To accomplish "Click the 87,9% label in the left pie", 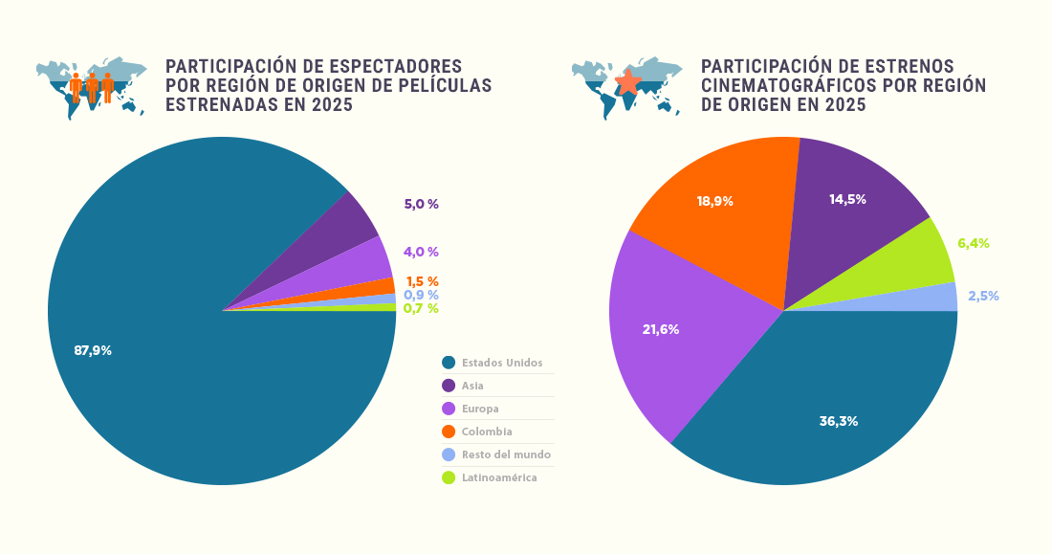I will coord(93,350).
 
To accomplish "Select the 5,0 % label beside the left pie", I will coord(421,204).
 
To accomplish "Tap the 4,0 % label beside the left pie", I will coord(421,252).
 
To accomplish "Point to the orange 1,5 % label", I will coord(422,281).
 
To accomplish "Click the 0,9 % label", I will coord(421,295).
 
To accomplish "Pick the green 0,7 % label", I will coord(421,308).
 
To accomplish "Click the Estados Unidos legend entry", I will coord(501,363).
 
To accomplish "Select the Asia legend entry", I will coord(472,386).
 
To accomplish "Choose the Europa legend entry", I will coord(480,409).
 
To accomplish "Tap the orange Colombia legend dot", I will coord(448,432).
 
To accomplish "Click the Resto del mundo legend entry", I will coord(506,454).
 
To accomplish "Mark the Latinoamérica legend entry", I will coord(498,477).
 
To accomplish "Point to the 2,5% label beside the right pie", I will coord(983,296).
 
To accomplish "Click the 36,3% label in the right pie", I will coord(838,421).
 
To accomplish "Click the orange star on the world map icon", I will coord(627,82).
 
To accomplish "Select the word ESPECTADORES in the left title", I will coord(396,66).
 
